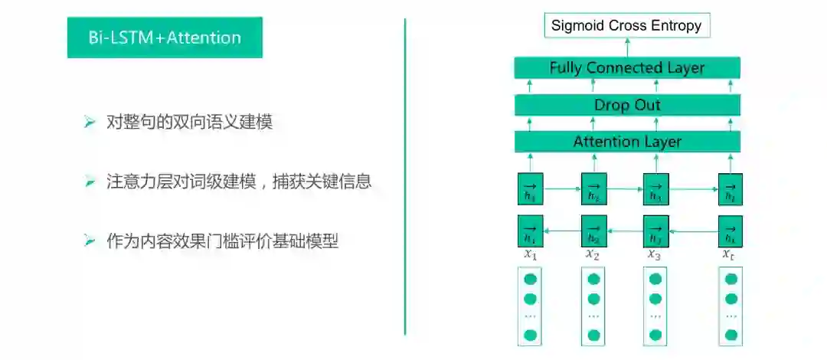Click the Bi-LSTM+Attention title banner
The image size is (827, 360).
coord(165,38)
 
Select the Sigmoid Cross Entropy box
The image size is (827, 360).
coord(626,25)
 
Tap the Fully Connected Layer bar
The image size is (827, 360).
coord(626,68)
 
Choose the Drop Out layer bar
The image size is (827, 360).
coord(626,105)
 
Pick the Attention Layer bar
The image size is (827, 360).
coord(626,142)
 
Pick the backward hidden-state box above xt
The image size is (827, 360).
coord(730,231)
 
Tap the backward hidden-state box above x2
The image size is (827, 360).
coord(593,231)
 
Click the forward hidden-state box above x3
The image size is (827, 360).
coord(655,188)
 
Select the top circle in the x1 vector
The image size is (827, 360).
coord(530,279)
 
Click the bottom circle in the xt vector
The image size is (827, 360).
coord(731,335)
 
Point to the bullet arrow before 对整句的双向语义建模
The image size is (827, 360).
coord(90,122)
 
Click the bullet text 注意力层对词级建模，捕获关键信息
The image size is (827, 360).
coord(239,182)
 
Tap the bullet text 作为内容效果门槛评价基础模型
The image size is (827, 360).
coord(222,241)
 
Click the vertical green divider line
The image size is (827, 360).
coord(405,176)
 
